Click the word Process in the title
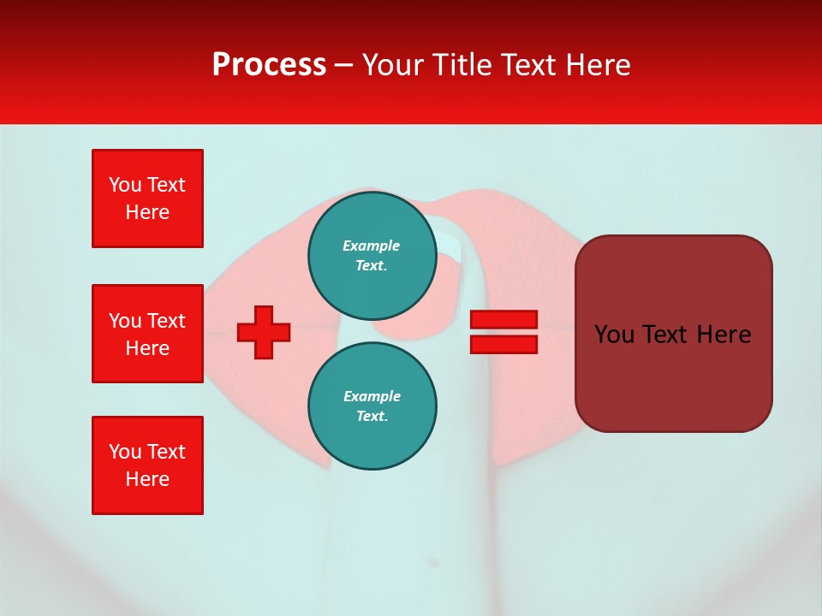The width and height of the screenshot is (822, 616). pos(269,65)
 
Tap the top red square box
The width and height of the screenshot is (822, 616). pos(147,198)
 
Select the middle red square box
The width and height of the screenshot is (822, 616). pos(147,334)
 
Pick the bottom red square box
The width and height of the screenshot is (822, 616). pos(147,465)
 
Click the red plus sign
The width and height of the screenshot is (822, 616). pos(264,332)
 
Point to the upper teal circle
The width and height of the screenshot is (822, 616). pos(372,256)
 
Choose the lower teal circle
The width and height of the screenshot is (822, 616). pos(372,406)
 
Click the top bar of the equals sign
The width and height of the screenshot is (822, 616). pos(503,320)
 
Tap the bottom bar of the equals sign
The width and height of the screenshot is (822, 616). pos(503,345)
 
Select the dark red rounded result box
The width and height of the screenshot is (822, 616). pos(673,334)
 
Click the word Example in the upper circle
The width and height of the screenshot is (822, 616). pos(372,246)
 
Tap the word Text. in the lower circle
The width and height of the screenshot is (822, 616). pos(372,417)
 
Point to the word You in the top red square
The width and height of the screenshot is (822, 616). pos(125,185)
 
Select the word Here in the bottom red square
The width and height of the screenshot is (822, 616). pos(147,479)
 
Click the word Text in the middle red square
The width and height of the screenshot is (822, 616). pos(166,321)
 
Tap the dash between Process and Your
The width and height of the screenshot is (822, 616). pos(344,65)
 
